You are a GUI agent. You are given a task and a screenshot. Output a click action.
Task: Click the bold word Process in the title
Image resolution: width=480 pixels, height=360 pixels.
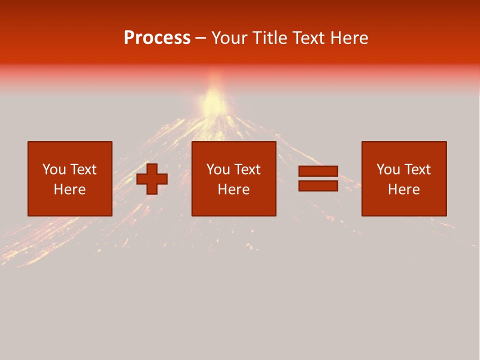coord(157,38)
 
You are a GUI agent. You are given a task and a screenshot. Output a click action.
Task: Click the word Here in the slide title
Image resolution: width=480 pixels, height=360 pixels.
coord(350,38)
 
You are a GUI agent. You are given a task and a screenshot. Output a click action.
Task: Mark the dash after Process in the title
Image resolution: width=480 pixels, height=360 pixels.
coord(201,38)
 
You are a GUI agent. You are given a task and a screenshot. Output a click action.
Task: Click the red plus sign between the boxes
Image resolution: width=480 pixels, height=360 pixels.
coord(152,179)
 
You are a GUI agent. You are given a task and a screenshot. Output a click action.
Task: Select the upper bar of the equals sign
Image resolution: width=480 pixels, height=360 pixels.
coord(318,171)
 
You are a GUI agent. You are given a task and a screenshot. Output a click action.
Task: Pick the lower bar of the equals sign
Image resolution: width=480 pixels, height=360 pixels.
coord(318,185)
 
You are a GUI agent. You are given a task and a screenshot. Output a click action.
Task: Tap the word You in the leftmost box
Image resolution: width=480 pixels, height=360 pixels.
coord(54,169)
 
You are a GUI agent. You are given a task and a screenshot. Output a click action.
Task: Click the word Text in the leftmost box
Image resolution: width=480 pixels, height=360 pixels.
coord(82,169)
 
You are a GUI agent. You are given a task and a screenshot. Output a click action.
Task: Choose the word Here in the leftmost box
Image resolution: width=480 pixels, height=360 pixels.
coord(69,189)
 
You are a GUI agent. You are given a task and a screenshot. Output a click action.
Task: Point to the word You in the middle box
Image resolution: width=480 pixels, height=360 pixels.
coord(218,169)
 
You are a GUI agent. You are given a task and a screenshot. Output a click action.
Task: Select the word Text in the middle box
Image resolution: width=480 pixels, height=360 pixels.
coord(246,169)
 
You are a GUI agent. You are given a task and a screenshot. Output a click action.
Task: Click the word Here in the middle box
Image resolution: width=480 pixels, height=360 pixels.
coord(233,189)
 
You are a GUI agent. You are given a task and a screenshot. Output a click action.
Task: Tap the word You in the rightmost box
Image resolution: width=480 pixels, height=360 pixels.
coord(388,169)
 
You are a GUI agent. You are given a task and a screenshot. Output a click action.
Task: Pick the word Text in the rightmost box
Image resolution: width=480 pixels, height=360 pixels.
coord(416,169)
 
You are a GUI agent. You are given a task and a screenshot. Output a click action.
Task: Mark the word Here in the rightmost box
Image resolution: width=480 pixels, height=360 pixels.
coord(403,189)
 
